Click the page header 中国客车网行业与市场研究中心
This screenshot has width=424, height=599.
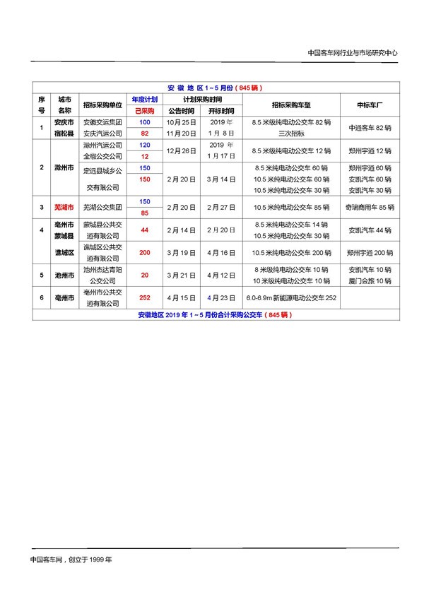[x=353, y=53]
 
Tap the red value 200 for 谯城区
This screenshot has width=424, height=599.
[x=145, y=252]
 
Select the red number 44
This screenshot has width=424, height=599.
[x=145, y=230]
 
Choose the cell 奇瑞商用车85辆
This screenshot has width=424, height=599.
[x=370, y=208]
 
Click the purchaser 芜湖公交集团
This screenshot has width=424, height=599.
[x=102, y=208]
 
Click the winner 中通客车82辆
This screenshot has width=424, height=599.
[x=370, y=128]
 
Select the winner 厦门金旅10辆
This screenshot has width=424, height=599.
[x=370, y=280]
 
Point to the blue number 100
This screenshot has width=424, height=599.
[x=145, y=122]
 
